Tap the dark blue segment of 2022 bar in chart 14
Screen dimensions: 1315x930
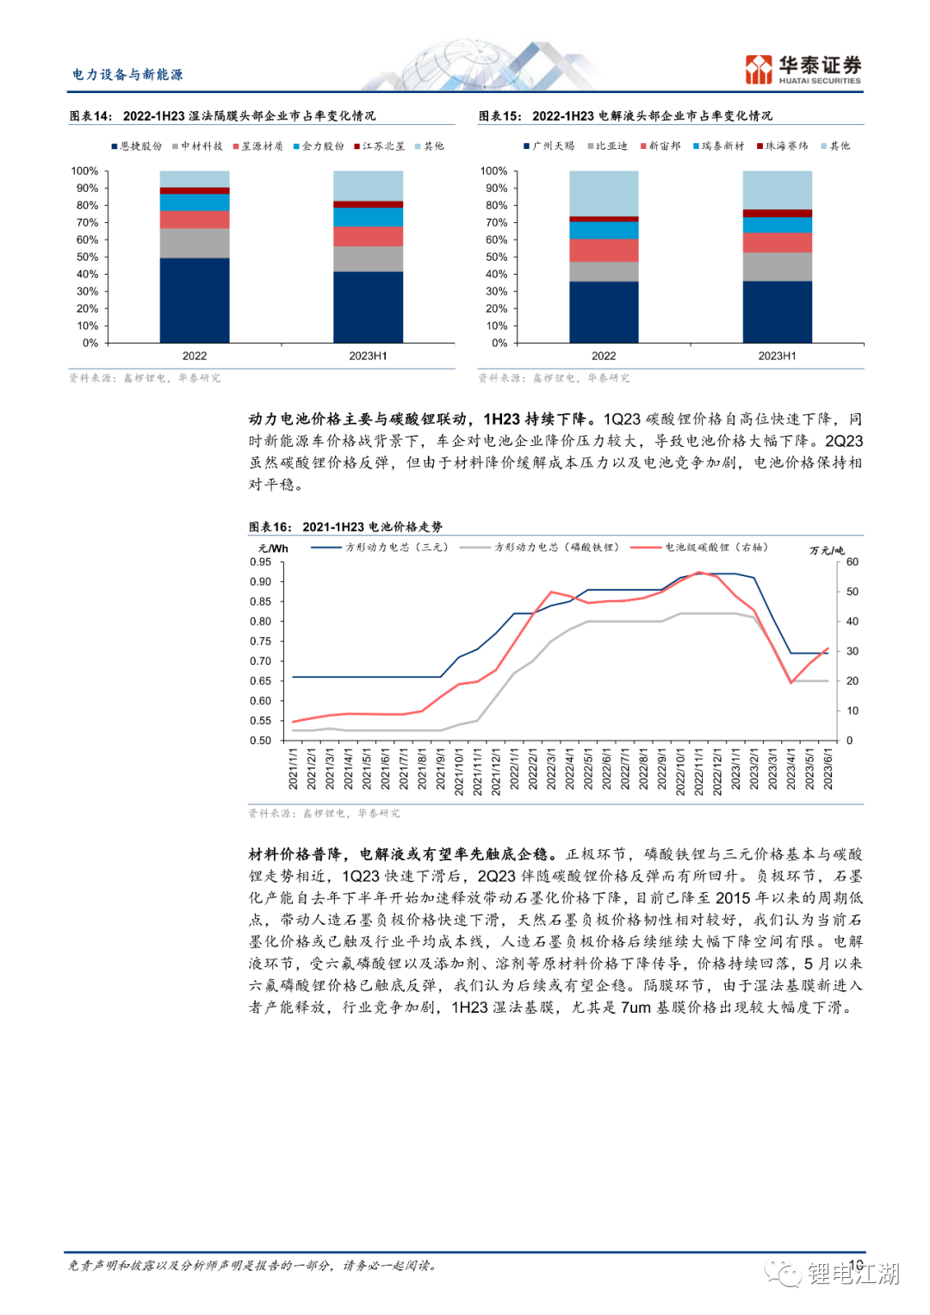coord(195,300)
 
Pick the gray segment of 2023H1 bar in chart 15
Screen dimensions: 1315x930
coord(777,266)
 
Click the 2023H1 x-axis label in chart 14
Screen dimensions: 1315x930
coord(368,356)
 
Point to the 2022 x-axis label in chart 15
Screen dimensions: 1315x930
coord(604,356)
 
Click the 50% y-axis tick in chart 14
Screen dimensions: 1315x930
coord(87,257)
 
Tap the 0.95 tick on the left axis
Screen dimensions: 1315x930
coord(260,562)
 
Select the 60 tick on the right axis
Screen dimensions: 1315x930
coord(852,562)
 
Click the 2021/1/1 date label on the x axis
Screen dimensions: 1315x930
coord(293,768)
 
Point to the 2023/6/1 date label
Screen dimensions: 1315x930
coord(828,768)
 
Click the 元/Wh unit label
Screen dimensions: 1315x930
coord(273,549)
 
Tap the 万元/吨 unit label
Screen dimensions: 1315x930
coord(827,550)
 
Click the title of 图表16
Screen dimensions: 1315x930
coord(345,527)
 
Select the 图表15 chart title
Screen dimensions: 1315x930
coord(625,116)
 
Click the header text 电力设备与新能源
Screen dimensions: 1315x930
coord(127,75)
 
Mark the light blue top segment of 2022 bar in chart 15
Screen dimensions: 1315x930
coord(604,193)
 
